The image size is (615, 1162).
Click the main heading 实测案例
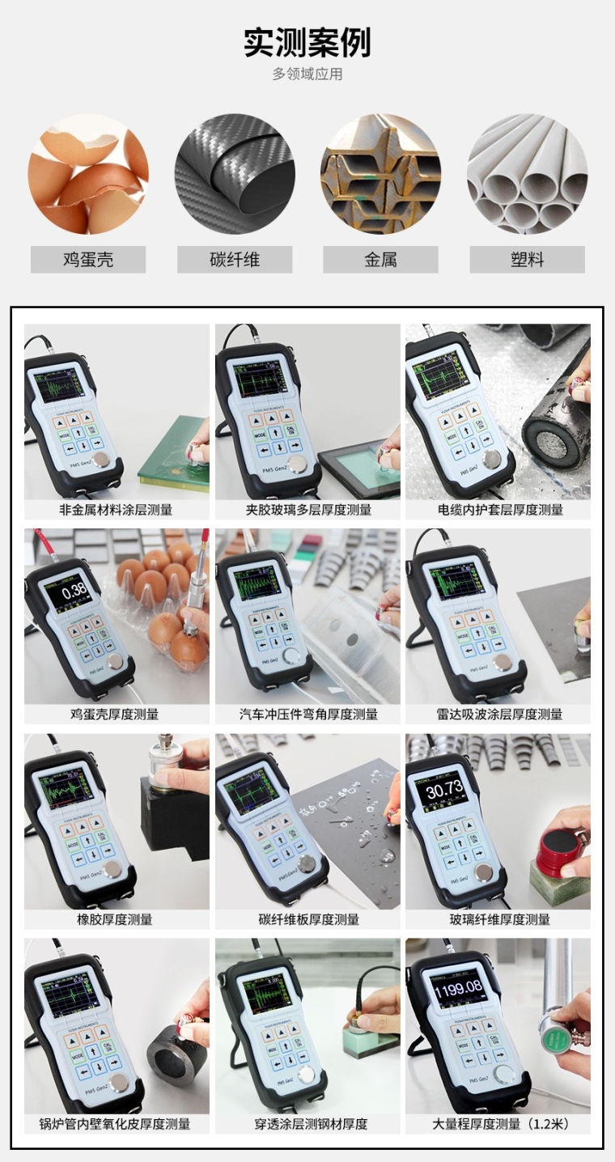point(307,42)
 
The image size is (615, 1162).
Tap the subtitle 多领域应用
point(307,74)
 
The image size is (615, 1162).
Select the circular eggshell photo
point(88,174)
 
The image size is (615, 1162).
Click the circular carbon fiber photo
point(235,174)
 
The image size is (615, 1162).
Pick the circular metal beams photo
point(380,174)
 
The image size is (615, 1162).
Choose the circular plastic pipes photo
point(527,174)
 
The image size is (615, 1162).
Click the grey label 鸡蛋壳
point(88,260)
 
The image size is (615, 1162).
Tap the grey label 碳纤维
point(235,260)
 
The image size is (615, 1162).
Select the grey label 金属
point(380,260)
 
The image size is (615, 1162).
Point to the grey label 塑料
point(527,260)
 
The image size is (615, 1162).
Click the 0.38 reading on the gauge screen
point(74,590)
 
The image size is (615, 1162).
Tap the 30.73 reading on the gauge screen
point(444,789)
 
